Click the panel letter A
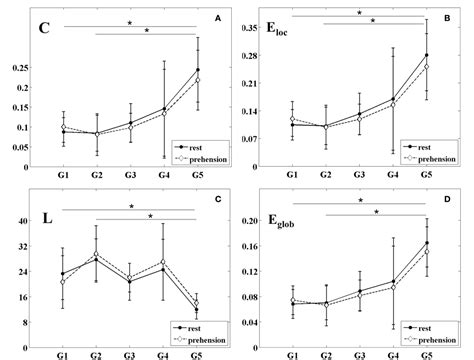[218, 17]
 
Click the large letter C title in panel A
[45, 28]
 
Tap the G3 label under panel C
[130, 354]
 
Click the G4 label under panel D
[393, 354]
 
